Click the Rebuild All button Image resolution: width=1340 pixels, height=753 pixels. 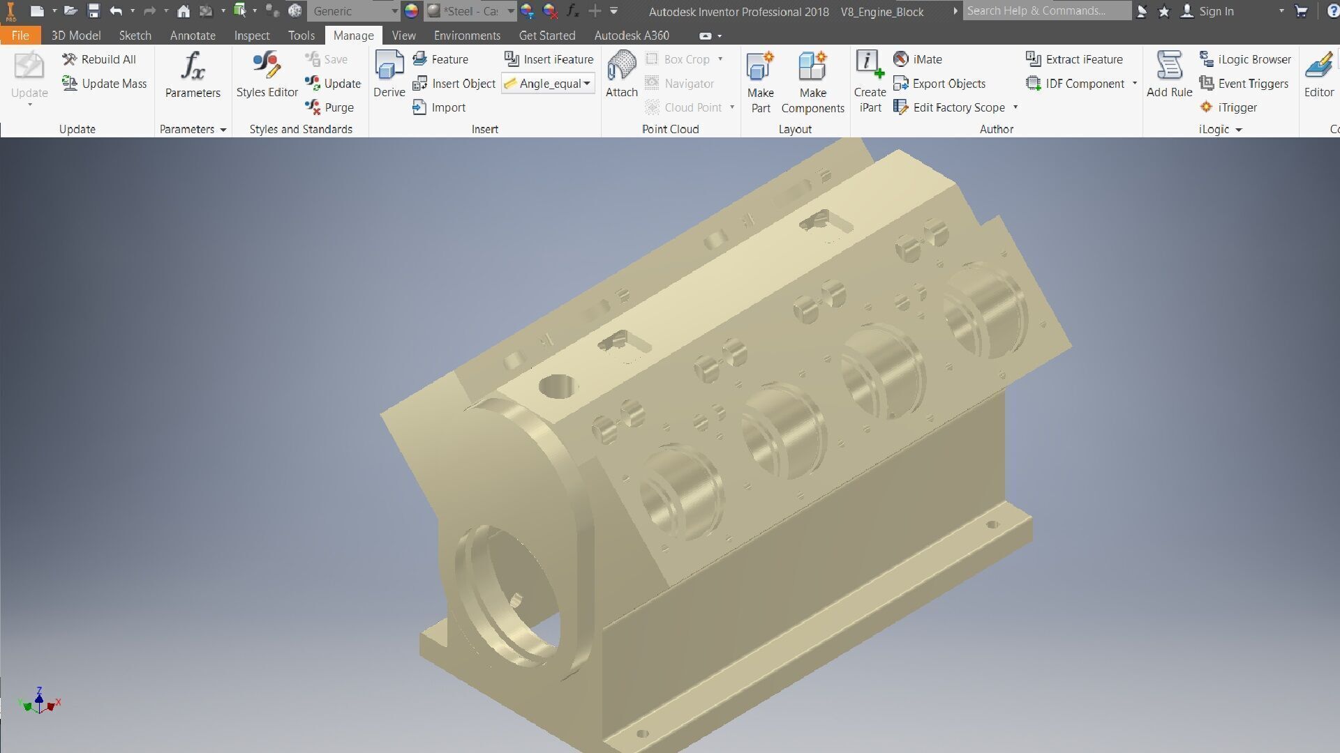99,59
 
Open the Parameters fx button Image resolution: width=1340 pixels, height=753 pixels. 193,75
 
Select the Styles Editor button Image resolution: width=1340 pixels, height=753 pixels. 267,75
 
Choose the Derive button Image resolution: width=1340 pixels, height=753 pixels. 389,75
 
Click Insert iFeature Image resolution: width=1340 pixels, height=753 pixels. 549,59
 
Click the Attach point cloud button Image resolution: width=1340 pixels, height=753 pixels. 621,75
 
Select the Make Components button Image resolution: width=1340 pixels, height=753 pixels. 812,82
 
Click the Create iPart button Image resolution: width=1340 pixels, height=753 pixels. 870,82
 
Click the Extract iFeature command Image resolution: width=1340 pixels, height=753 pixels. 1075,59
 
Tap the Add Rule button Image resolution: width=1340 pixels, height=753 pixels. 1169,75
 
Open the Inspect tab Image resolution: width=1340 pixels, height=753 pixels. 251,36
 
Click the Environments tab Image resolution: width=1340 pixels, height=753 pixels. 467,36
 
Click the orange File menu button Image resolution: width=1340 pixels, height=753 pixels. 20,36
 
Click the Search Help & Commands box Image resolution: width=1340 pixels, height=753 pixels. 1045,11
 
